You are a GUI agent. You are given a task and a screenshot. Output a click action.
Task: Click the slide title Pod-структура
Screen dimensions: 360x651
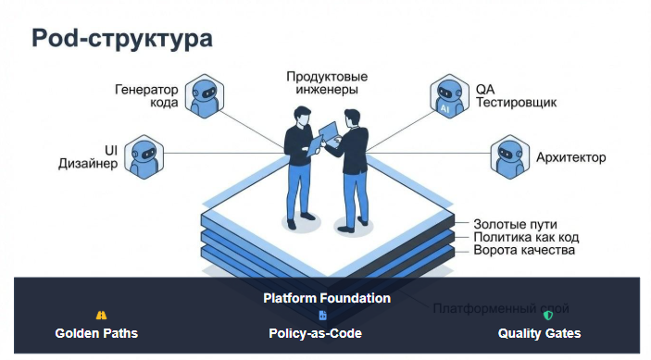121,38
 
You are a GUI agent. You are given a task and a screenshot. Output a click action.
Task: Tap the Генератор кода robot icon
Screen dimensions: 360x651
207,96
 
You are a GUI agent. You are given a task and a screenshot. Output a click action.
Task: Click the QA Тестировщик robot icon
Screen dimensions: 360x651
446,97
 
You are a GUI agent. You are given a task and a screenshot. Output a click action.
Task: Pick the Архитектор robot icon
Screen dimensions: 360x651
507,156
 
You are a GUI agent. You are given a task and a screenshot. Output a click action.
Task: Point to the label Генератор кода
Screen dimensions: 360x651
146,96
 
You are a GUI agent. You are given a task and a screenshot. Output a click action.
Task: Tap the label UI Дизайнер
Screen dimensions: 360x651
88,156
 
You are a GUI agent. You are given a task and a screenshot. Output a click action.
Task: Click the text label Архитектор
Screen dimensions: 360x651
571,157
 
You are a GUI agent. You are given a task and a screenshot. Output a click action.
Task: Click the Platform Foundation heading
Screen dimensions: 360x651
326,298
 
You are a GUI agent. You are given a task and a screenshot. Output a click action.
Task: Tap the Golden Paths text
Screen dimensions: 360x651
96,333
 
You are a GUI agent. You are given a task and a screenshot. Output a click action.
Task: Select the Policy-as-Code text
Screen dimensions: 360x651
315,333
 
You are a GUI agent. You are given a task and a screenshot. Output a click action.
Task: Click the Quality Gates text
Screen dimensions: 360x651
539,333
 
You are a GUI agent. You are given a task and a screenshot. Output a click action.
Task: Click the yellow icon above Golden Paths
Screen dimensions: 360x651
102,316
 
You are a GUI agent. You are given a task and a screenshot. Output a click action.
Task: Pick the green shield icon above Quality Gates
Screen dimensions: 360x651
547,316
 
